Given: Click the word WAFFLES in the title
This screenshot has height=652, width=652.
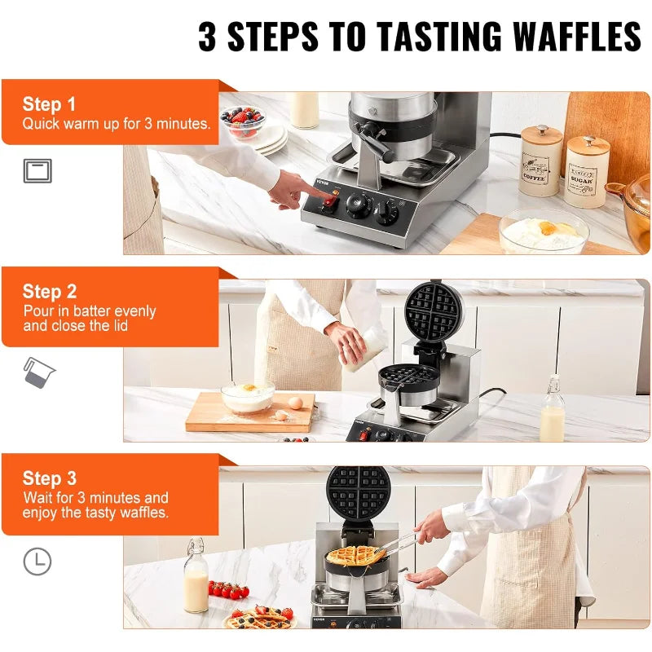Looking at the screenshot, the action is click(x=577, y=36).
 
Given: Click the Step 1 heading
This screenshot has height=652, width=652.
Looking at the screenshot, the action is click(x=49, y=104).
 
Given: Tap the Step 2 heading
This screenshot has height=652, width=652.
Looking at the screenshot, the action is click(x=50, y=292).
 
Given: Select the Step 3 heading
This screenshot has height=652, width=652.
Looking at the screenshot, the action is click(x=50, y=478).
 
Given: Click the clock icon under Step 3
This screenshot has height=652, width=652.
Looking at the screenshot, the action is click(x=37, y=562).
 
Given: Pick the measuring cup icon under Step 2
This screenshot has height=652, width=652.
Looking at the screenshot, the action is click(x=38, y=372).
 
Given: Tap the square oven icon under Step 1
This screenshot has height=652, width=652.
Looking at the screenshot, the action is click(x=37, y=170).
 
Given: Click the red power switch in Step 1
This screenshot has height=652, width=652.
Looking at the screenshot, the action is click(x=330, y=202).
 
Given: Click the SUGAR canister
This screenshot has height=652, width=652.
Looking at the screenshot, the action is click(x=586, y=172).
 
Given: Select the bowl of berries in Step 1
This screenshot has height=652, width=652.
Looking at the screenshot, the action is click(x=243, y=121).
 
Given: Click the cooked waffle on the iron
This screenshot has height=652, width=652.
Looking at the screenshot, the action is click(x=355, y=556).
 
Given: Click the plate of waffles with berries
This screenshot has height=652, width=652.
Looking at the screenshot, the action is click(x=260, y=618).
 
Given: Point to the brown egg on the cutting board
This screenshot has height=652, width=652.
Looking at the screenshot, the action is click(x=296, y=403).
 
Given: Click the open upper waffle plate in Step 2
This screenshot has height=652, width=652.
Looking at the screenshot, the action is click(x=434, y=312).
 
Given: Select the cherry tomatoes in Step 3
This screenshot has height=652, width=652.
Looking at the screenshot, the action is click(x=228, y=589).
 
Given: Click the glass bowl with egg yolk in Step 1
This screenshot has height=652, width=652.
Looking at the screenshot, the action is click(x=544, y=231).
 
